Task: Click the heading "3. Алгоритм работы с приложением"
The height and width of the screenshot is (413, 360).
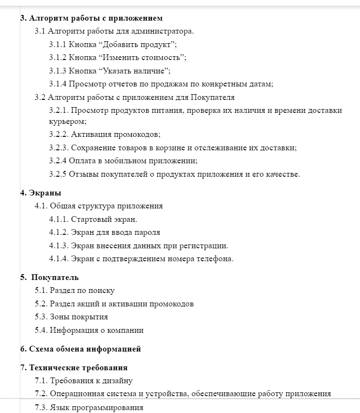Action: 91,18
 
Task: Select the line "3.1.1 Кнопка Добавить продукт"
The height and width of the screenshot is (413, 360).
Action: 113,45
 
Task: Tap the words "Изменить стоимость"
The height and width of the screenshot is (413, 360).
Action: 142,58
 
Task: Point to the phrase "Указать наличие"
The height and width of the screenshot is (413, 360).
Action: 134,71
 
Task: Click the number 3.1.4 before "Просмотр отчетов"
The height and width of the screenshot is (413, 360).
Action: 58,84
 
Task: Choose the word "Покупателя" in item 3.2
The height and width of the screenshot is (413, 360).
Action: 212,97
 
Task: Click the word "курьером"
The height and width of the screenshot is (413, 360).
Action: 64,122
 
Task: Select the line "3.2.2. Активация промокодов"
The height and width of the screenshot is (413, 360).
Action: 105,134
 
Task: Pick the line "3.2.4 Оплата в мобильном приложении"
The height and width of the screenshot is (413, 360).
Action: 123,161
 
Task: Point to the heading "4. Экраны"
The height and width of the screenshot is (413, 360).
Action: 41,193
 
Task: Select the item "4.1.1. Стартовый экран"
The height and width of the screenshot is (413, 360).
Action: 93,219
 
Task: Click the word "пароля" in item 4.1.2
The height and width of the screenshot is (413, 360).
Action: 149,232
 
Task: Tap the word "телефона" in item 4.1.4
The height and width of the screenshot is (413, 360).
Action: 216,259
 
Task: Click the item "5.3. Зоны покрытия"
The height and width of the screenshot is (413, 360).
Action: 71,317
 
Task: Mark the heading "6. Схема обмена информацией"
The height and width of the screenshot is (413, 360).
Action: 80,349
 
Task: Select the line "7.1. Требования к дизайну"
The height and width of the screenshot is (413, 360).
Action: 84,381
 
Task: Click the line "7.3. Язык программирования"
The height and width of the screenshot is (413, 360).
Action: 89,408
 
